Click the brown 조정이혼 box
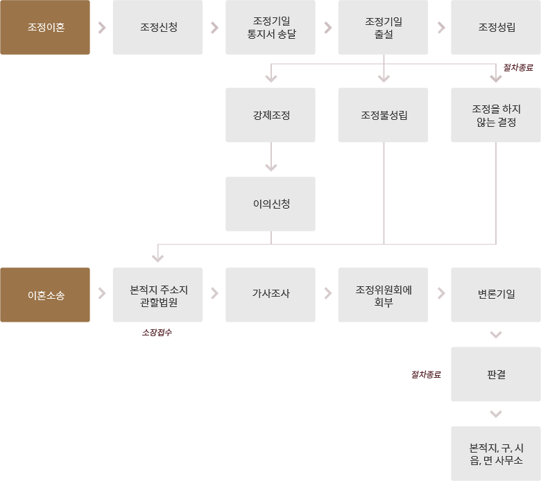point(45,28)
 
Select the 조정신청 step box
point(157,28)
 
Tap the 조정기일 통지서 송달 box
point(270,28)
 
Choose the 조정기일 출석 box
point(383,28)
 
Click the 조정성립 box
point(496,28)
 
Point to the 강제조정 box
point(270,115)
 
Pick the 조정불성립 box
point(383,115)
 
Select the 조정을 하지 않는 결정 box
point(496,115)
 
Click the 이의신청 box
point(270,204)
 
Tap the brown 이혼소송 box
point(45,295)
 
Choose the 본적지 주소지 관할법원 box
point(157,295)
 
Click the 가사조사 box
point(270,295)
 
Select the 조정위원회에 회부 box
point(383,295)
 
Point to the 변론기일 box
point(496,295)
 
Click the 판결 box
point(496,374)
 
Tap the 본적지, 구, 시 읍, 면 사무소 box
point(496,453)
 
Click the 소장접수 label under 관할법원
point(156,333)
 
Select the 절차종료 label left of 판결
point(426,374)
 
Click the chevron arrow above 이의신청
point(271,167)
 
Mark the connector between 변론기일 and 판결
point(496,335)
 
